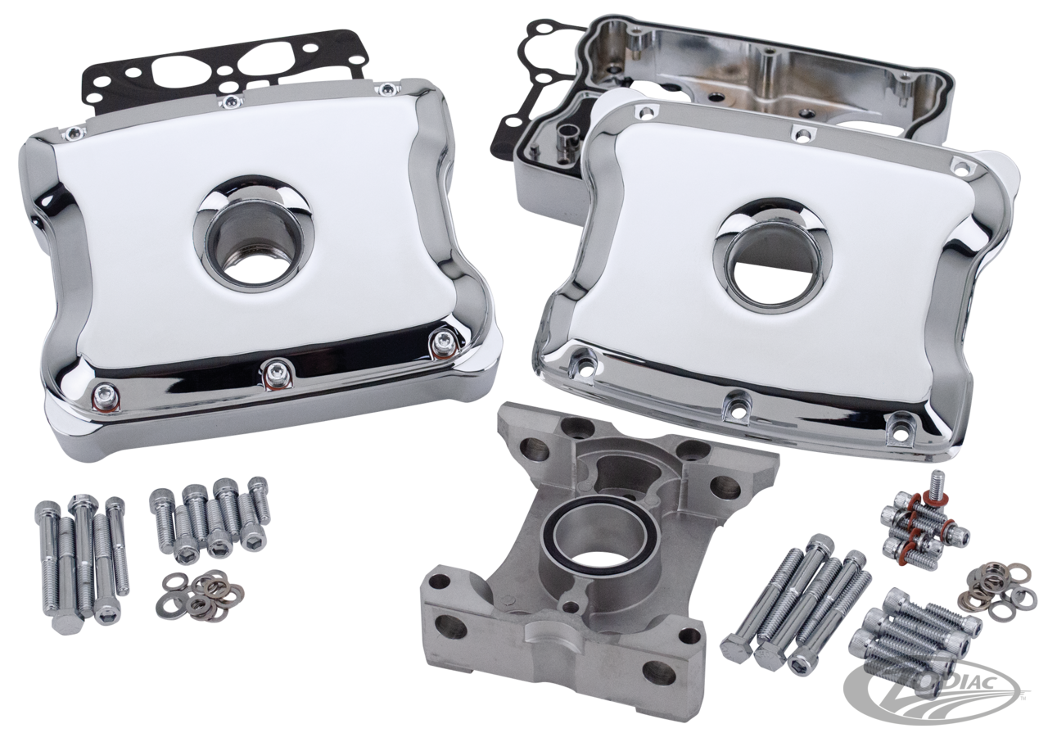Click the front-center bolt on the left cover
(x=271, y=373)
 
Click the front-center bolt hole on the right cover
(x=735, y=402)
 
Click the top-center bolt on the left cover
(x=232, y=101)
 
